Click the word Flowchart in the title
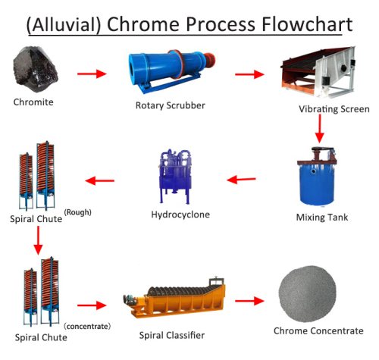point(307,24)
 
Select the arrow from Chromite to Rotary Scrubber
point(92,74)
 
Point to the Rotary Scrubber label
point(171,105)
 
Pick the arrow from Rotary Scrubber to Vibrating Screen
point(249,74)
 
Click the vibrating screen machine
point(318,73)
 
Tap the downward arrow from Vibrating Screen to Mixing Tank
point(320,129)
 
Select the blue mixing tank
point(317,177)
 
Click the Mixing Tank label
point(322,218)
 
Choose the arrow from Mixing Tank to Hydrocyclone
point(241,180)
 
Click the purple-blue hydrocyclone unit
point(174,177)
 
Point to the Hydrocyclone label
point(180,214)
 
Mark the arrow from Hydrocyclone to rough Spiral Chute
point(99,180)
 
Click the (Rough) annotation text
point(77,212)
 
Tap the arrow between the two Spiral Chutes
point(38,240)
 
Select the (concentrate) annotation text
point(87,326)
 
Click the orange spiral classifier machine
point(174,298)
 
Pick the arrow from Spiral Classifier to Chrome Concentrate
point(249,301)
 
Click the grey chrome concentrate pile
point(308,293)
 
